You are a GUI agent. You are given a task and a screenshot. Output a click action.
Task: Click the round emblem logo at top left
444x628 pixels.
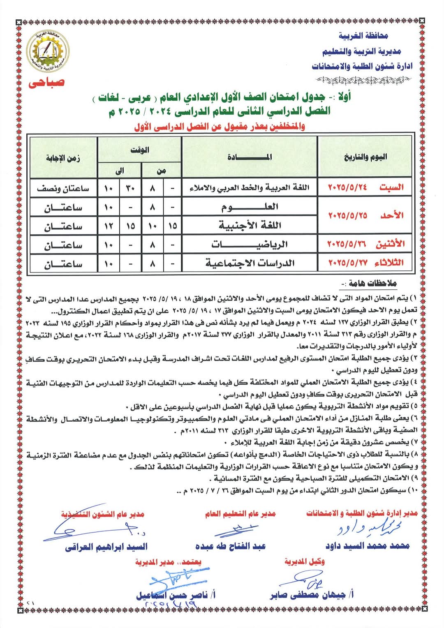point(48,51)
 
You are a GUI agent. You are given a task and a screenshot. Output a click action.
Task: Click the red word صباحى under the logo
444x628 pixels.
point(46,82)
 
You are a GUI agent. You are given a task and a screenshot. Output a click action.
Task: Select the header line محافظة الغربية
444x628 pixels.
point(363,36)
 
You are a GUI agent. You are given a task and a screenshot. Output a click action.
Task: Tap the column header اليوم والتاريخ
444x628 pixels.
point(365,157)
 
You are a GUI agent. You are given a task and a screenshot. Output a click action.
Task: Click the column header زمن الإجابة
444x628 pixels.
point(63,158)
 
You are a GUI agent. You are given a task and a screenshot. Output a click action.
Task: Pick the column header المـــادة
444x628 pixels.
point(250,157)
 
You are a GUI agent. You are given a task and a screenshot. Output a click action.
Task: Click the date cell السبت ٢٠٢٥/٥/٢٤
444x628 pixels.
point(365,187)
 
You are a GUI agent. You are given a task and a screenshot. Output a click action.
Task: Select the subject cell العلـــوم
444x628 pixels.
point(250,207)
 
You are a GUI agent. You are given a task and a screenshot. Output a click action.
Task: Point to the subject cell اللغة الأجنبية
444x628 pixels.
point(250,225)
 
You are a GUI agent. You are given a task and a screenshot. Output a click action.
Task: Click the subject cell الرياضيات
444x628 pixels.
point(250,245)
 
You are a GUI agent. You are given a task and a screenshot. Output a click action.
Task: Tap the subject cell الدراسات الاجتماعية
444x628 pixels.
point(250,263)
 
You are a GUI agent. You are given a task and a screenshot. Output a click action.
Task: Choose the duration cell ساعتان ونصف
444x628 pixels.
point(63,188)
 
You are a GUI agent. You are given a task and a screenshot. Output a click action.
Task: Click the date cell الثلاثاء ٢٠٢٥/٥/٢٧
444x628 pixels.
point(365,263)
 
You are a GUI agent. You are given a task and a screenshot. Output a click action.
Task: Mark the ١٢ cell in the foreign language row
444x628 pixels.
point(109,226)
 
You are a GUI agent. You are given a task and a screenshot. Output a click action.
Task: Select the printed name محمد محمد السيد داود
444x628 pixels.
point(368,546)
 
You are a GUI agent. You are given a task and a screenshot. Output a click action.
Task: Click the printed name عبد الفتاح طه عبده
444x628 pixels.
point(231,546)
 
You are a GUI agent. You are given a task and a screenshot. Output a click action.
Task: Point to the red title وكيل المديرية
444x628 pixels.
point(304,562)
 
